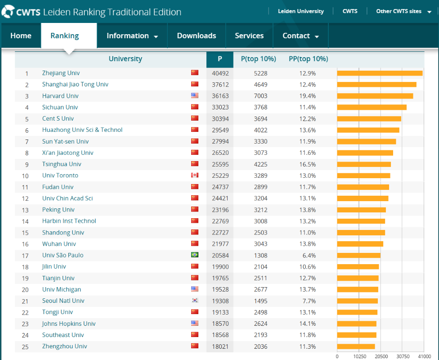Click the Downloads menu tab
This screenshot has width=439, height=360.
click(196, 36)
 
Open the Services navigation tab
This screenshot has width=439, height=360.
click(249, 36)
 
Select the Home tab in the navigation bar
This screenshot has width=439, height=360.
click(21, 36)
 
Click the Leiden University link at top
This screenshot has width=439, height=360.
click(300, 11)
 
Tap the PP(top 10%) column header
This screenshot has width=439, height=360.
click(308, 59)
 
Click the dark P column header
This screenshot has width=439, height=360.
click(219, 59)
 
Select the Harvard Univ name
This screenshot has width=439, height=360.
click(60, 96)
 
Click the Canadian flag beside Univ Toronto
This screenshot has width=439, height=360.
click(194, 175)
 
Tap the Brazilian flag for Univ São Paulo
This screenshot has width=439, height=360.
click(194, 255)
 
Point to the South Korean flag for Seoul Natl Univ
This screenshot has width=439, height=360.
click(194, 301)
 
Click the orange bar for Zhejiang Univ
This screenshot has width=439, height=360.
click(380, 73)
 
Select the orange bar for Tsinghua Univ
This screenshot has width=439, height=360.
click(364, 164)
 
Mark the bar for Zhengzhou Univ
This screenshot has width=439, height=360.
click(356, 346)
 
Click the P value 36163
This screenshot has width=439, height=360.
click(219, 96)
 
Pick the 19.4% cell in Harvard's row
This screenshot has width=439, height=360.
click(308, 96)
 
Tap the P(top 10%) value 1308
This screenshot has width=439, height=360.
click(260, 255)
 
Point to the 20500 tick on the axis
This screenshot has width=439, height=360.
click(381, 356)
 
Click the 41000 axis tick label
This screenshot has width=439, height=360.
click(423, 356)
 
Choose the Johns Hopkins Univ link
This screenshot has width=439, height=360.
click(69, 324)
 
